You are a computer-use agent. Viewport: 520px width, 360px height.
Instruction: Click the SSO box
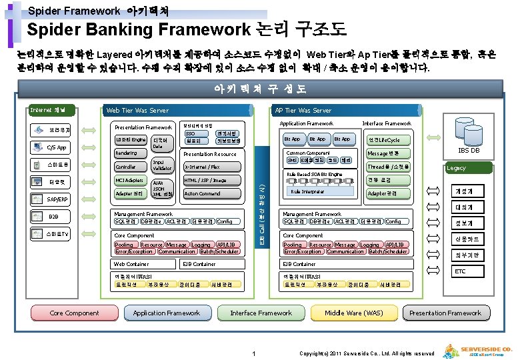click(193, 133)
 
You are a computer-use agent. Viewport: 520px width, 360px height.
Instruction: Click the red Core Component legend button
click(75, 313)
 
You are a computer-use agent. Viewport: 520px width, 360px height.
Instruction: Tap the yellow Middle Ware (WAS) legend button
click(353, 313)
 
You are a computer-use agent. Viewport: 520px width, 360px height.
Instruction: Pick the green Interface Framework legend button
click(261, 313)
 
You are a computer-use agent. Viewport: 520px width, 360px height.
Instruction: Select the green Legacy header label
click(457, 168)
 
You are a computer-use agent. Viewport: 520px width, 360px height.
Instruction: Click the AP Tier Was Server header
click(303, 111)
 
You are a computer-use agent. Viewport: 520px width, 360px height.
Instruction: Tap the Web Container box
click(131, 264)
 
